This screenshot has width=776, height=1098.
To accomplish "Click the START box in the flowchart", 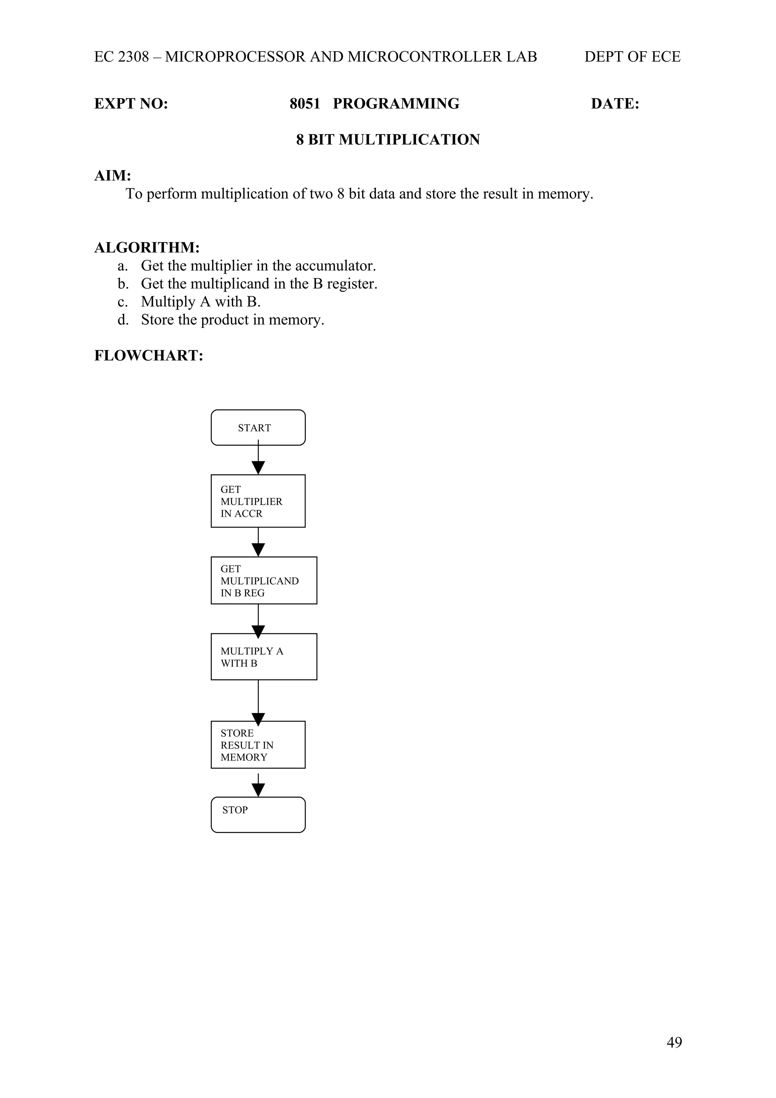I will [x=258, y=427].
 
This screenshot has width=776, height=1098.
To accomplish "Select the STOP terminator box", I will [x=258, y=815].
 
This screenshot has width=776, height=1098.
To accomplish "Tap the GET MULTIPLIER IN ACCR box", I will [x=258, y=501].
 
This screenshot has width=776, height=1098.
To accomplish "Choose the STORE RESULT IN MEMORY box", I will [x=258, y=745].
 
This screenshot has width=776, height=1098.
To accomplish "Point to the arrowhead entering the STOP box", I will [x=258, y=790].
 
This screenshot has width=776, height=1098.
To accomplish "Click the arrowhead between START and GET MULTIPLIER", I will [x=258, y=467].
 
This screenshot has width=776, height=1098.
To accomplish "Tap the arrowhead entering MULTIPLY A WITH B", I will [x=258, y=632].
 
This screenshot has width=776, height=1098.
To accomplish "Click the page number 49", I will [x=674, y=1042].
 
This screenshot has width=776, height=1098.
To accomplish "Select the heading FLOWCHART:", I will [x=149, y=356].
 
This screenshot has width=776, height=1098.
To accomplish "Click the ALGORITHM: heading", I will [x=147, y=248].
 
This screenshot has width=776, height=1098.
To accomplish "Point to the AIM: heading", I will [x=113, y=175].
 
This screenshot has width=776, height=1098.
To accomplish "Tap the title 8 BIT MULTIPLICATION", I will [x=388, y=140].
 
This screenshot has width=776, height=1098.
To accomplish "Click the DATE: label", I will [x=615, y=104].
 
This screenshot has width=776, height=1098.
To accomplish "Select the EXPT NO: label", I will [x=131, y=104].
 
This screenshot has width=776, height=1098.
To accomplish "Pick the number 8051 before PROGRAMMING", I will [x=305, y=104].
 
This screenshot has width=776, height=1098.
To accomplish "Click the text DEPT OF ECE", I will [x=632, y=57].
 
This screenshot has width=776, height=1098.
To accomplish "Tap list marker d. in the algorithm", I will [x=124, y=319].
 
